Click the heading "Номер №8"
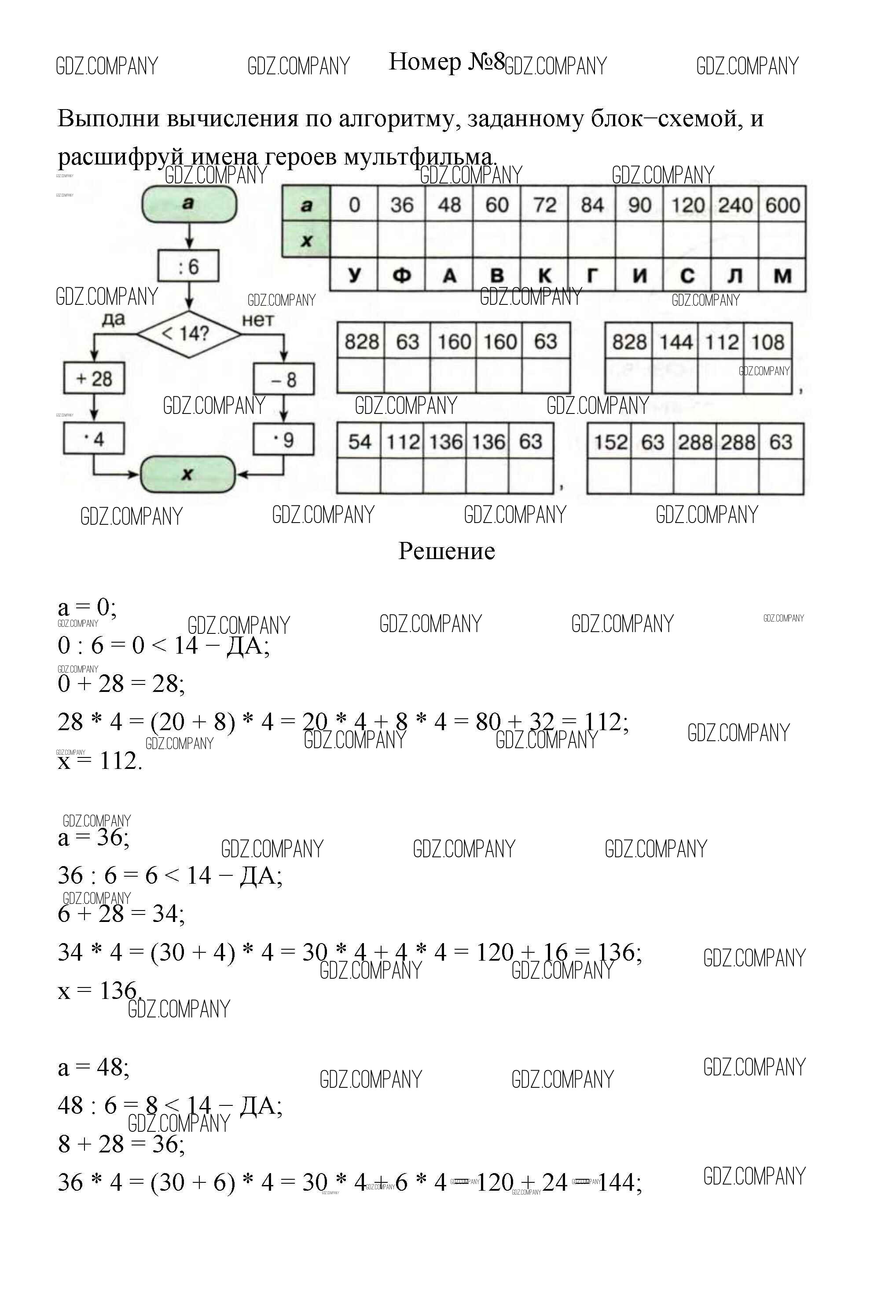(446, 62)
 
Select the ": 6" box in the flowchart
(188, 267)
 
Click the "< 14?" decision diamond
(188, 334)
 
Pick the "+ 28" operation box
(94, 379)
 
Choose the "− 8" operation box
(283, 380)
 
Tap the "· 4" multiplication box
(94, 439)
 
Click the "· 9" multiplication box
(283, 440)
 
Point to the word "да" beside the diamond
(114, 319)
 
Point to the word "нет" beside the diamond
(257, 320)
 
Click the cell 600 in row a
(782, 205)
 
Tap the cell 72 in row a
(544, 205)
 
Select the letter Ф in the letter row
(401, 275)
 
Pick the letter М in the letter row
(782, 275)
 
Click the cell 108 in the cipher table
(767, 342)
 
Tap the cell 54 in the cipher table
(359, 442)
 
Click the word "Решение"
(446, 551)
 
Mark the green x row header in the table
(306, 241)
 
